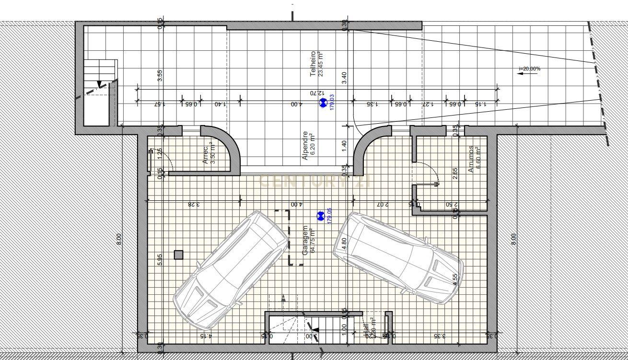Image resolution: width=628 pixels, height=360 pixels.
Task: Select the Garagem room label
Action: [308, 240]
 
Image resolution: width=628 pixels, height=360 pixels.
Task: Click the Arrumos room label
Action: [474, 159]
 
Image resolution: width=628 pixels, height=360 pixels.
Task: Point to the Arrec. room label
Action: [209, 155]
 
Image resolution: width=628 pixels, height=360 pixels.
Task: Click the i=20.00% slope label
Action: [529, 69]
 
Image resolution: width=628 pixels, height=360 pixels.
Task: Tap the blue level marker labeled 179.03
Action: [323, 102]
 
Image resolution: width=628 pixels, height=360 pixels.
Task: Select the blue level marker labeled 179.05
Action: [321, 216]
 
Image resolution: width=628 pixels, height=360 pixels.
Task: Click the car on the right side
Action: [398, 257]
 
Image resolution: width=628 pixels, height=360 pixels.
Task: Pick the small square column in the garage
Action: [178, 255]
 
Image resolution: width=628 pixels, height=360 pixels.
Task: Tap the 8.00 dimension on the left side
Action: [119, 239]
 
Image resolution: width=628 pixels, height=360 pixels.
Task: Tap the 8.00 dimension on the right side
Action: [513, 239]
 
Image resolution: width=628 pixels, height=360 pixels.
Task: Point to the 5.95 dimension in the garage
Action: [160, 259]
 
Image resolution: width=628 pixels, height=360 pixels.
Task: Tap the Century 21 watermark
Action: [314, 181]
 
